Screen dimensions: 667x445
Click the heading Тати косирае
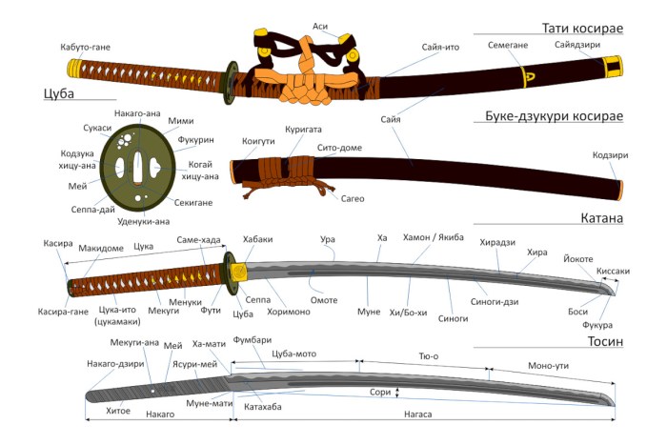point(582,28)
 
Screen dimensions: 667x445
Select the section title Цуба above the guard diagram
point(59,93)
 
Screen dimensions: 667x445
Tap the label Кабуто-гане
point(85,47)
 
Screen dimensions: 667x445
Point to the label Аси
point(320,27)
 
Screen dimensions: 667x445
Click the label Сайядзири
point(577,45)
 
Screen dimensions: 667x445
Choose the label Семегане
point(508,45)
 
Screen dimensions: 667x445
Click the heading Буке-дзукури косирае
point(554,116)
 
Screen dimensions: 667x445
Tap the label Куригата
point(303,130)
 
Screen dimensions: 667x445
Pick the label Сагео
point(353,198)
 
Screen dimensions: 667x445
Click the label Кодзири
point(610,155)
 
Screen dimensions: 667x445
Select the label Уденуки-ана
point(143,222)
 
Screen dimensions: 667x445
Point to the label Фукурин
point(195,140)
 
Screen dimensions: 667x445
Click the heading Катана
point(601,218)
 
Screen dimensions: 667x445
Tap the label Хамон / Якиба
point(433,237)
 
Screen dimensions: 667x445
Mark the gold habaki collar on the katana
point(238,271)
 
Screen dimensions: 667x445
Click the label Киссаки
point(613,271)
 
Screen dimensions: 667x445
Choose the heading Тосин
point(605,342)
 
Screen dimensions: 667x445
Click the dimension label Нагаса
point(417,414)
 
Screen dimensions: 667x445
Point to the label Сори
point(380,392)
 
